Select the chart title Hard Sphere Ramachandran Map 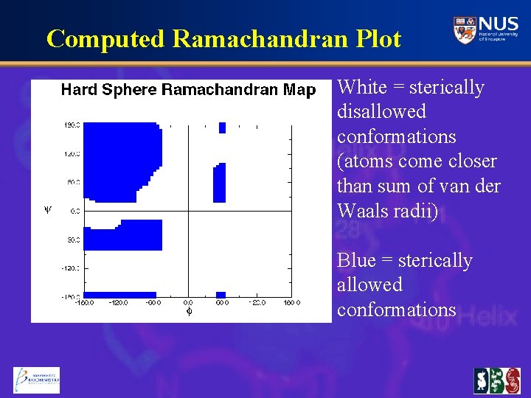(x=187, y=91)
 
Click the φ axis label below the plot (x=189, y=312)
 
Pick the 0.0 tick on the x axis (x=189, y=302)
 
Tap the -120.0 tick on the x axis (x=118, y=302)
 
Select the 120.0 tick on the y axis (x=71, y=153)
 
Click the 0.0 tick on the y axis (x=74, y=211)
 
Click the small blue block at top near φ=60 (x=222, y=128)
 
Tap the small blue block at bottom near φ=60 (x=222, y=294)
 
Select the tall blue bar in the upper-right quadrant (x=219, y=184)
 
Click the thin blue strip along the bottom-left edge (x=119, y=294)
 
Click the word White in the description (x=361, y=88)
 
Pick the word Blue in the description (x=357, y=261)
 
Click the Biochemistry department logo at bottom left (x=36, y=380)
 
